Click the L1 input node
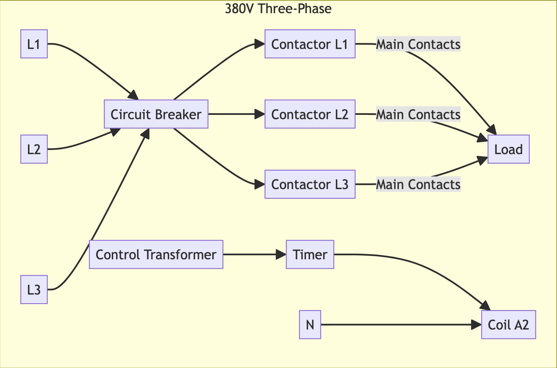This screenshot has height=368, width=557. [34, 44]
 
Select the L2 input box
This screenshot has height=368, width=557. [34, 149]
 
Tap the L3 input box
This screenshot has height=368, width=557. [34, 290]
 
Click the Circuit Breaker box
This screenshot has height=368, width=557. [156, 114]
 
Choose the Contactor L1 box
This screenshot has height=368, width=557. [310, 44]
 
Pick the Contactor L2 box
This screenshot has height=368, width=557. [310, 114]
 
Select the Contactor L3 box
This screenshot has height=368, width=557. [310, 184]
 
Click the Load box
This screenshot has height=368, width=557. [508, 149]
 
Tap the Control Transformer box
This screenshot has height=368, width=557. [156, 254]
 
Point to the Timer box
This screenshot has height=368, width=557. [310, 254]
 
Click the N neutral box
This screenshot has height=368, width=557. [310, 325]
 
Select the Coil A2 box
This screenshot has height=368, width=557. [508, 325]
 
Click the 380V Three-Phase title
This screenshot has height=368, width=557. [278, 9]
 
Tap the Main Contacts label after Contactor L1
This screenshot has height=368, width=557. [418, 44]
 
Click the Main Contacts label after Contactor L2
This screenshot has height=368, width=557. [418, 114]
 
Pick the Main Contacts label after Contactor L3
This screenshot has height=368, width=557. [418, 184]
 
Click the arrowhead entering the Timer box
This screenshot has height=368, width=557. [281, 254]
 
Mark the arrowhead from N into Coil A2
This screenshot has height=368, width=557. [476, 325]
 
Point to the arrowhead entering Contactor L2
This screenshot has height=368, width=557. [260, 114]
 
